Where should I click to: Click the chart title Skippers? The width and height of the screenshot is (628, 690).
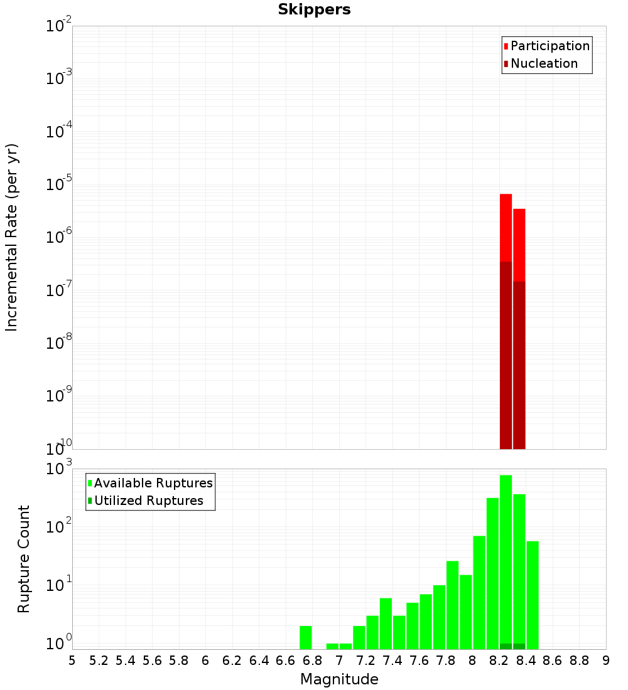(x=314, y=9)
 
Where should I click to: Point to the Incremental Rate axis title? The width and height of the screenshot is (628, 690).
(x=12, y=238)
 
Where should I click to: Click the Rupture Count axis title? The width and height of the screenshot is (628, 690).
(x=24, y=559)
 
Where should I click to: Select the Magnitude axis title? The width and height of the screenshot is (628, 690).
(x=339, y=679)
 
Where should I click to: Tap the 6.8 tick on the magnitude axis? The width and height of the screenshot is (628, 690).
(x=313, y=661)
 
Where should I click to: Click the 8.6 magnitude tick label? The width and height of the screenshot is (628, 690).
(x=553, y=661)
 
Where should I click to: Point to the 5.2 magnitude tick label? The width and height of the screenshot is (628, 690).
(x=99, y=661)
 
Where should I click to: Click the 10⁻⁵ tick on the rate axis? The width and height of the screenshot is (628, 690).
(x=59, y=184)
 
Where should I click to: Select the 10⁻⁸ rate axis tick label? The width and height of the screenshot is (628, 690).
(x=59, y=343)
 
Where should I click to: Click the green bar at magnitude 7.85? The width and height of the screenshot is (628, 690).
(x=452, y=605)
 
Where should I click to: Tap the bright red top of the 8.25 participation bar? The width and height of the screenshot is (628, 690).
(x=506, y=226)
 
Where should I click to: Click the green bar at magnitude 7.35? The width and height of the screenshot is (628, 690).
(x=386, y=624)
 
